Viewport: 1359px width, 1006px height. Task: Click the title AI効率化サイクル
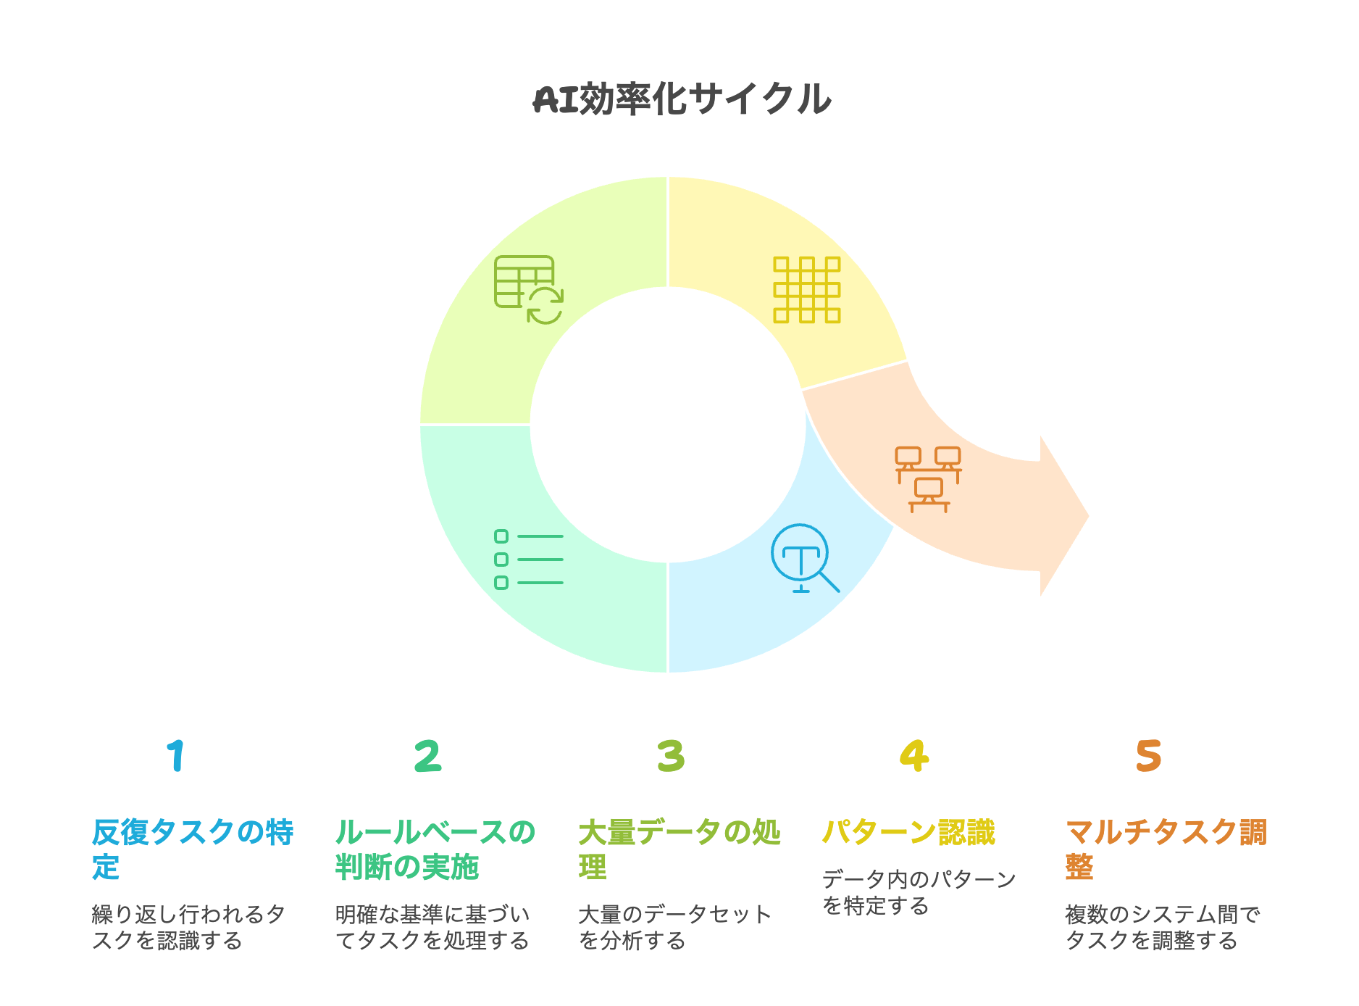point(681,99)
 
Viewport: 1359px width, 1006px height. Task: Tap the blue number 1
point(176,756)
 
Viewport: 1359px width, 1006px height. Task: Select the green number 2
point(427,756)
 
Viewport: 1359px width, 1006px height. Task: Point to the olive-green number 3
point(671,756)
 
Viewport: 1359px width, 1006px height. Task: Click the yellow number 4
point(914,756)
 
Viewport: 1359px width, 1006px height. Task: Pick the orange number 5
point(1149,756)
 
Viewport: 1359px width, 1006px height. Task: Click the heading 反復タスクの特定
point(192,849)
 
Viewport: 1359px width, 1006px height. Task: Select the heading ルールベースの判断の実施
point(435,849)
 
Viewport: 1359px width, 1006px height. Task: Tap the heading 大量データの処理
point(679,849)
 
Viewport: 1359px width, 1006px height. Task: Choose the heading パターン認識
point(908,832)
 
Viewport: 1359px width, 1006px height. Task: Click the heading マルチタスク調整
point(1166,849)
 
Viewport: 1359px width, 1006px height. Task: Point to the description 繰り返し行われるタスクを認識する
point(188,927)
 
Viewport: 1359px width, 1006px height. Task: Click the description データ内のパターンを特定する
point(919,892)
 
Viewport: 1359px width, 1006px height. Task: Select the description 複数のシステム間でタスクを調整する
point(1162,927)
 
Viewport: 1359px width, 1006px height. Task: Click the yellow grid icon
point(806,289)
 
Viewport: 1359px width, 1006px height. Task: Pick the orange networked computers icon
point(928,479)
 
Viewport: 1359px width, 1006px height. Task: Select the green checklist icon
point(529,560)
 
